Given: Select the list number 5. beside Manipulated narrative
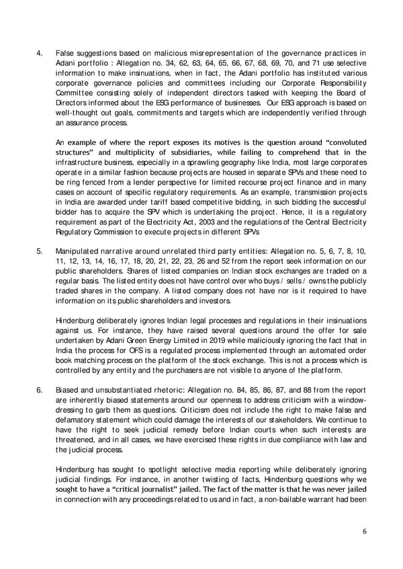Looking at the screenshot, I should point(40,251).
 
